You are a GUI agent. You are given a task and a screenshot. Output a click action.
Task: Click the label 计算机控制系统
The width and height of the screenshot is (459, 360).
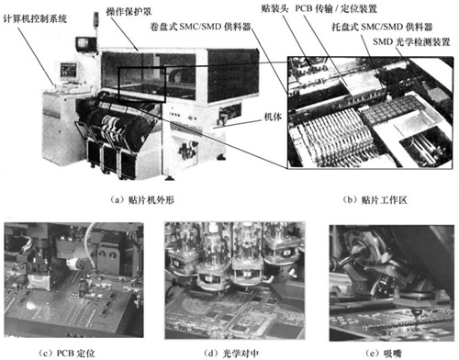click(35, 19)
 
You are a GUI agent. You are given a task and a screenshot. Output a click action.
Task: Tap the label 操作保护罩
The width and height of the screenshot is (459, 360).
click(129, 12)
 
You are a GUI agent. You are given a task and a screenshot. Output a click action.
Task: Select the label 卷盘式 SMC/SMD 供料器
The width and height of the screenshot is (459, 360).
click(200, 27)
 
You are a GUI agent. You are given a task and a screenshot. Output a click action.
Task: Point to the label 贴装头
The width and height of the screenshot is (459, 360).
click(274, 8)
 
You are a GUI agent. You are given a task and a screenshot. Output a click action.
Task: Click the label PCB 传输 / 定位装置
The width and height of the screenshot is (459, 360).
click(336, 8)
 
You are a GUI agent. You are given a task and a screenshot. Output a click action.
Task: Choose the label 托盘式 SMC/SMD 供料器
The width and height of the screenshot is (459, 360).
click(382, 27)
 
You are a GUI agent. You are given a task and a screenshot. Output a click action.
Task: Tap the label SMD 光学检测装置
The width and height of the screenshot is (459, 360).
click(411, 41)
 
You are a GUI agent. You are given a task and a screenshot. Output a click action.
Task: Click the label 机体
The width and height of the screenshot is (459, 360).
click(273, 117)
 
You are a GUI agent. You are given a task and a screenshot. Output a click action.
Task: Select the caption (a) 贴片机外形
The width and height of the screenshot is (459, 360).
click(142, 200)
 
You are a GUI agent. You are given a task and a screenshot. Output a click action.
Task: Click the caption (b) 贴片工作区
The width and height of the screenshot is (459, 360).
click(375, 200)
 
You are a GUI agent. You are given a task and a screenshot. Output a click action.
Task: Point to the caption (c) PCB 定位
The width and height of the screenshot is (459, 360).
click(67, 353)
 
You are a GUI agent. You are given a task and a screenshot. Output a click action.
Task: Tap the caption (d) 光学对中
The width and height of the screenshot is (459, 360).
click(231, 354)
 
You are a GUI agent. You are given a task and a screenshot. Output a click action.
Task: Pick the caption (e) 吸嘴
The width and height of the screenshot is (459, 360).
click(384, 354)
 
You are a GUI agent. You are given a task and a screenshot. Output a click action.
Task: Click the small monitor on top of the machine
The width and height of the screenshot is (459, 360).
click(86, 44)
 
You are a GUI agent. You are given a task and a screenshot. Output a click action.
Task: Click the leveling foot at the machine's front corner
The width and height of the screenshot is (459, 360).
click(169, 177)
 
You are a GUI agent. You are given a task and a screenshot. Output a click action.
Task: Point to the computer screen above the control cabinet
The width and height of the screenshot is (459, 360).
click(69, 71)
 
